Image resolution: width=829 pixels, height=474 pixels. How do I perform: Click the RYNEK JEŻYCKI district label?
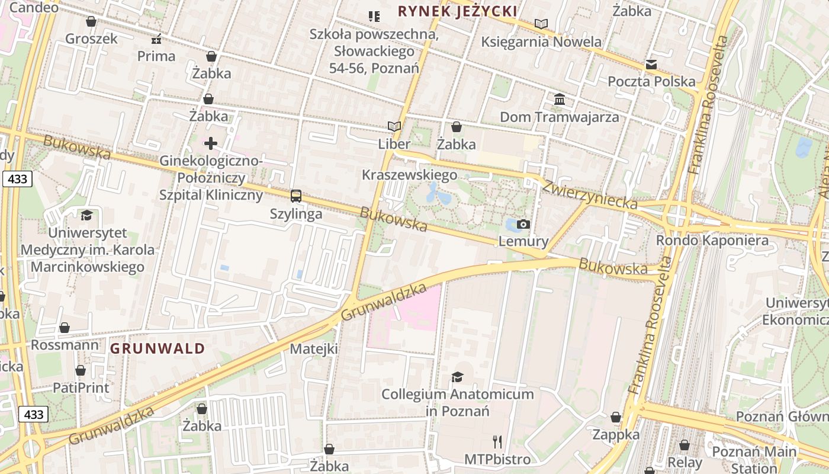click(458, 11)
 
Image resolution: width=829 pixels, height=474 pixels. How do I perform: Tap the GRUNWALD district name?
click(158, 348)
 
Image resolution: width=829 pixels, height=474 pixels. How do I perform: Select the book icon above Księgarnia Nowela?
click(541, 24)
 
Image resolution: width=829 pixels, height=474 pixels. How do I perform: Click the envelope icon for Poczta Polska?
click(651, 65)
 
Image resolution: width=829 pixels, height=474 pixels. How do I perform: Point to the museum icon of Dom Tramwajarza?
click(560, 99)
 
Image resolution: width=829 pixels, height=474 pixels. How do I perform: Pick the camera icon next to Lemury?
click(523, 224)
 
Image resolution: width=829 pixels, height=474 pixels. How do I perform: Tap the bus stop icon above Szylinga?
click(296, 196)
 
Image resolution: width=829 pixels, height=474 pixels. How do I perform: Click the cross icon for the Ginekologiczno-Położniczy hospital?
click(211, 143)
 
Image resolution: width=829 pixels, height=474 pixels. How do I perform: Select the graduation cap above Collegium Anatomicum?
click(457, 377)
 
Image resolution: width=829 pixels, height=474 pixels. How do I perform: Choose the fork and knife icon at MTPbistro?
click(497, 441)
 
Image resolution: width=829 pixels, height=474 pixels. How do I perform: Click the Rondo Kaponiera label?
click(712, 241)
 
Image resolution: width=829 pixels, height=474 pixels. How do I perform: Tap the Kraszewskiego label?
click(409, 175)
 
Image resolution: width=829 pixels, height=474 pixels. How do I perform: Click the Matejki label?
click(314, 348)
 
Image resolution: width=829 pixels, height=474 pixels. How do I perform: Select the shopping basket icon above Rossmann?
click(65, 328)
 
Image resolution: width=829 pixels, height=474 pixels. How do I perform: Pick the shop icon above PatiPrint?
click(81, 371)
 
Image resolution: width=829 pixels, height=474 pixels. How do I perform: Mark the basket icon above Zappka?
click(616, 417)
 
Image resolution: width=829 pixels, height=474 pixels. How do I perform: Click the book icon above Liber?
click(394, 126)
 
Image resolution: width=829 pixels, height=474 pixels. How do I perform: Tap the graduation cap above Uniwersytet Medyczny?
click(87, 215)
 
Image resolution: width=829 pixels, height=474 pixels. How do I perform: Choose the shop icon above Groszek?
click(91, 22)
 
